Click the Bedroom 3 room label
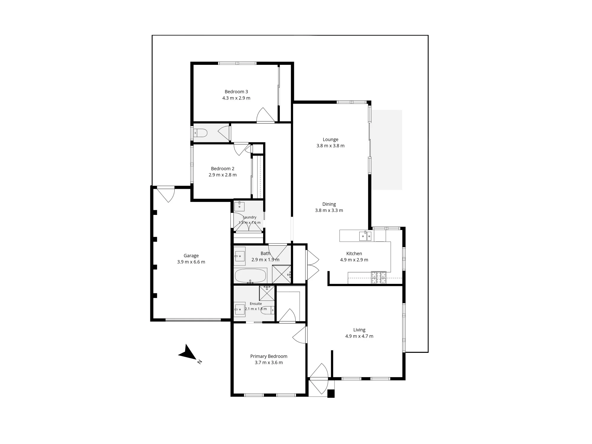tap(236, 92)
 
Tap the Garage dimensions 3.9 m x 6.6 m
tap(191, 262)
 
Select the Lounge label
tap(330, 140)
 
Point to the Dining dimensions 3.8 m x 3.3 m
tap(329, 210)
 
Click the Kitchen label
tap(354, 254)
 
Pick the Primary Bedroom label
tap(269, 356)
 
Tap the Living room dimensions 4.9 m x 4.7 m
tap(359, 336)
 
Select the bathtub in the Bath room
tap(251, 276)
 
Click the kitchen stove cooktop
tap(379, 277)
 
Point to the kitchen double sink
tap(365, 236)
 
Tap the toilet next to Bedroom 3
tap(200, 133)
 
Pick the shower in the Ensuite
tap(267, 293)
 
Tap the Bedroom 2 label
tap(223, 169)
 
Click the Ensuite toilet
tap(268, 310)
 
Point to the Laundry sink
tap(239, 206)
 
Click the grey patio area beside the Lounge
tap(387, 150)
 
